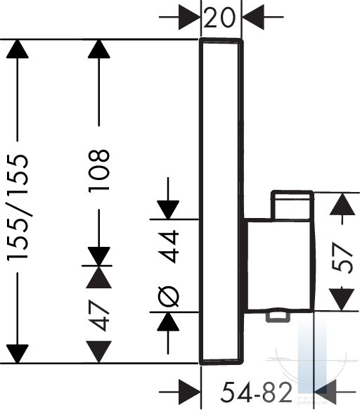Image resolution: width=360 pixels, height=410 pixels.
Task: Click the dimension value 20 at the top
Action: tap(219, 18)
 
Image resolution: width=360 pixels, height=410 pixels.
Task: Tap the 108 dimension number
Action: tap(99, 171)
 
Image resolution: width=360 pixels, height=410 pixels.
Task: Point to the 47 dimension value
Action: tap(99, 316)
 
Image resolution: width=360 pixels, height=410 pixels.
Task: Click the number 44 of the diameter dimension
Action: tap(168, 246)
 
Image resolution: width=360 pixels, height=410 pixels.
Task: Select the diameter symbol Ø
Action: tap(168, 297)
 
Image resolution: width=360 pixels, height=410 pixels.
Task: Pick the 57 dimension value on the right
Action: tap(342, 257)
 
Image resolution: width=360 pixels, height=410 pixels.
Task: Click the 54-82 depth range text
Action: tap(256, 392)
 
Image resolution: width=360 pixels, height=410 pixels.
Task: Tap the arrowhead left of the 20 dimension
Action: tap(190, 18)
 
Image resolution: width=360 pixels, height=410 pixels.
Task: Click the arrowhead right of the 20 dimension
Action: tap(253, 18)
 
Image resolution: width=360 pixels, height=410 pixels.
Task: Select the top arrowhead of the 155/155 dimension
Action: tap(18, 49)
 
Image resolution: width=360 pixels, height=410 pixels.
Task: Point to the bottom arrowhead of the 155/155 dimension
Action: tap(18, 354)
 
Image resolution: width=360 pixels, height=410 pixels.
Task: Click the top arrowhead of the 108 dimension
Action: tap(99, 49)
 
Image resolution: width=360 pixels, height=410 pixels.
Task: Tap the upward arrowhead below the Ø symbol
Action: tap(168, 322)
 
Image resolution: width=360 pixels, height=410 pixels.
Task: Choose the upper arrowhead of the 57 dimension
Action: tap(342, 204)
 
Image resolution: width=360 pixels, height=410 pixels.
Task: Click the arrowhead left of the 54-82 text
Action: tap(190, 392)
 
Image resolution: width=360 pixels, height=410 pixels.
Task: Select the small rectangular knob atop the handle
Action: tap(292, 205)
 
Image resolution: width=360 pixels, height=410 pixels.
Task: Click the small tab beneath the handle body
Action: tap(278, 317)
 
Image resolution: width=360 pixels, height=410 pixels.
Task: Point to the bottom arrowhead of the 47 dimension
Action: tap(99, 352)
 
